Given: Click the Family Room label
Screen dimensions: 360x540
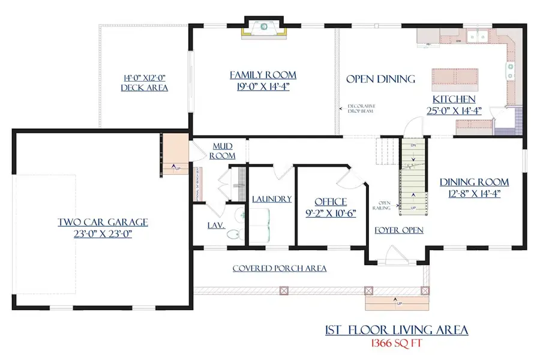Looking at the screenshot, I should coord(263,75).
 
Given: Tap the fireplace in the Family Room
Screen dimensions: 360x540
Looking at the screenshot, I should coord(263,28).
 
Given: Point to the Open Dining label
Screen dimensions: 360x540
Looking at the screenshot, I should coord(381,79).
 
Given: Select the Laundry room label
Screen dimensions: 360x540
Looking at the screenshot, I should coord(272,199).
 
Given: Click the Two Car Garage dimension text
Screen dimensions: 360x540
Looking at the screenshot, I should coord(103,234).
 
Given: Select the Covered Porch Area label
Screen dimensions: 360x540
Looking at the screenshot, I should coord(280,268).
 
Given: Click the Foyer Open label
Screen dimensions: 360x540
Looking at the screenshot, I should coord(399,230).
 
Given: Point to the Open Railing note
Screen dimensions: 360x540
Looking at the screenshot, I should coord(382,205).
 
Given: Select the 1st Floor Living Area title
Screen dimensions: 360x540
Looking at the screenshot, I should coord(397,330).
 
